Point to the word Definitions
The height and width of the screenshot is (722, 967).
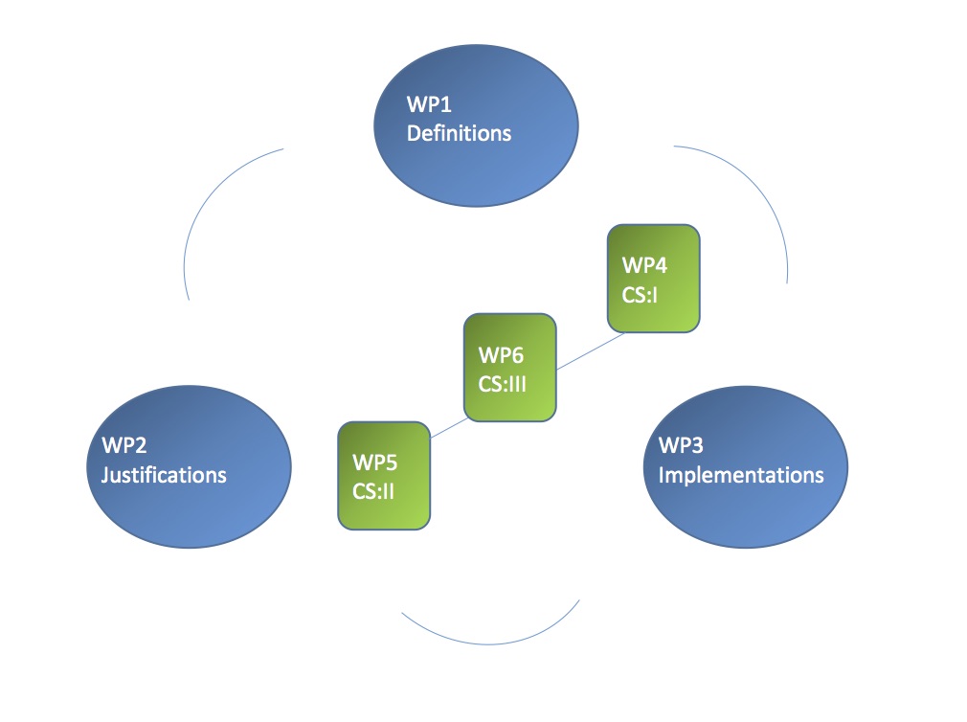pyautogui.click(x=459, y=133)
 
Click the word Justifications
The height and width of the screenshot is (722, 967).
pyautogui.click(x=164, y=474)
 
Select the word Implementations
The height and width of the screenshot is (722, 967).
pyautogui.click(x=741, y=474)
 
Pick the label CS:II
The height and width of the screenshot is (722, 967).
pyautogui.click(x=374, y=490)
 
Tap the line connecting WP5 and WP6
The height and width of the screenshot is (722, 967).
pyautogui.click(x=447, y=429)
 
